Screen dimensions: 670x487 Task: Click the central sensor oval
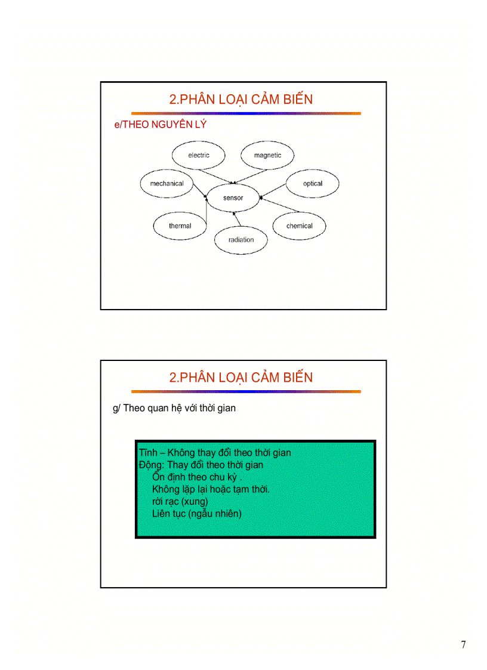(233, 197)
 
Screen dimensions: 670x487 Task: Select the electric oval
(199, 155)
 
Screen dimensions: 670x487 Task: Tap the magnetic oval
(267, 155)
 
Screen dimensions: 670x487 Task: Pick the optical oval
(312, 184)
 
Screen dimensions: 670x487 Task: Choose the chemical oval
(299, 226)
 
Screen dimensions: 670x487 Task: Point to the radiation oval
(241, 239)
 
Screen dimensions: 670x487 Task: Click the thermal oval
(180, 226)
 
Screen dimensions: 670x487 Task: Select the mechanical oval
(167, 184)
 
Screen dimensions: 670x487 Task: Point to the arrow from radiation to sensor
(238, 219)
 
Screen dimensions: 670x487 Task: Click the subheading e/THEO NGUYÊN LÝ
(160, 125)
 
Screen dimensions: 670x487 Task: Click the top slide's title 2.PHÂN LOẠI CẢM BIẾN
(241, 99)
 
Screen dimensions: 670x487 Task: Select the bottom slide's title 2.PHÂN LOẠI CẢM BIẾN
(241, 377)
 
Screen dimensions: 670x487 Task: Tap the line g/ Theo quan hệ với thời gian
(174, 408)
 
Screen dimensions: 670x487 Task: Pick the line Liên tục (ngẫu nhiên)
(197, 513)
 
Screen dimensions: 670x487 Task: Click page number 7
(464, 644)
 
